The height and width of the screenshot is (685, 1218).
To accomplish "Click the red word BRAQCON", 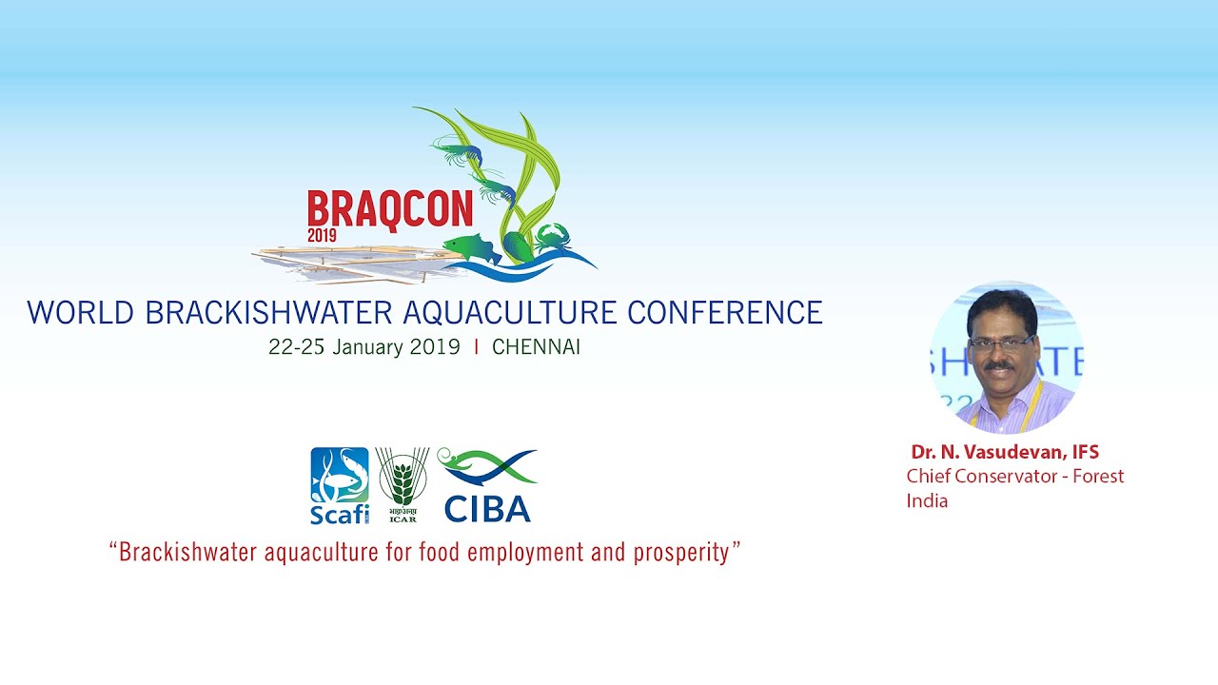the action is [x=390, y=210].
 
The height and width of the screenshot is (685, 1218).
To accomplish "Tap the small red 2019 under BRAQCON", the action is [x=322, y=235].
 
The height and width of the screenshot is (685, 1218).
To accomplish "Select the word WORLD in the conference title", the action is [x=81, y=313].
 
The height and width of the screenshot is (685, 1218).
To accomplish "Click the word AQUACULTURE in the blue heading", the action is [x=509, y=313].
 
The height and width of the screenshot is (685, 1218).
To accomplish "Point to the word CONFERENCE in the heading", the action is [x=725, y=313].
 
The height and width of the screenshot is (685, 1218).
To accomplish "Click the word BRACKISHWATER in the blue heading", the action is [x=268, y=313].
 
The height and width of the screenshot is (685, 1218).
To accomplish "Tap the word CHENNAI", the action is [x=536, y=347].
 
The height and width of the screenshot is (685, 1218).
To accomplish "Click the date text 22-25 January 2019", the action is [x=364, y=347].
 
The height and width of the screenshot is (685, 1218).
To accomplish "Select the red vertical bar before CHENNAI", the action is [x=477, y=347].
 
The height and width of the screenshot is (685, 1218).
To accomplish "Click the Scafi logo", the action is [x=340, y=485].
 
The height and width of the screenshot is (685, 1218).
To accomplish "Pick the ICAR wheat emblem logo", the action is [x=403, y=485].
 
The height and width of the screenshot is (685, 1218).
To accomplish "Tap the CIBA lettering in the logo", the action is [x=487, y=509].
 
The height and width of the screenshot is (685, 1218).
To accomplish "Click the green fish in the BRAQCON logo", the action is [x=471, y=248].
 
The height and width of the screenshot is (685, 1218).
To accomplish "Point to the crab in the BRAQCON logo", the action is [x=553, y=238].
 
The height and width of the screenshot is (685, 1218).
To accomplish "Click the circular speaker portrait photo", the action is [x=1007, y=357].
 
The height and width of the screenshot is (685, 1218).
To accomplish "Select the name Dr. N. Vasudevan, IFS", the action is [x=1005, y=452].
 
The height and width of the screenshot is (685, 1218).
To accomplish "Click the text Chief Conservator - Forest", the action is [x=1014, y=477].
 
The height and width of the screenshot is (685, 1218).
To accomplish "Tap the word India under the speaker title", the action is [x=927, y=500].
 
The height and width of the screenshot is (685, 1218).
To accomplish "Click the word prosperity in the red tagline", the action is [x=681, y=553].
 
